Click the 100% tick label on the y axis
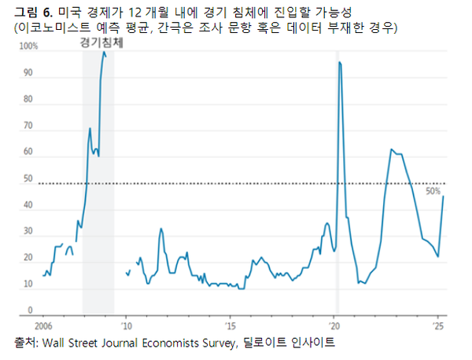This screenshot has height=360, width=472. click(x=28, y=46)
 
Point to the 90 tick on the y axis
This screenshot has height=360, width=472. click(x=28, y=73)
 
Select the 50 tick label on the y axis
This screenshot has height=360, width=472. click(x=28, y=179)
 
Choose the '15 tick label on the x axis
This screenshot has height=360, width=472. click(x=229, y=325)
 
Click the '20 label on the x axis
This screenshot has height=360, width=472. click(x=334, y=325)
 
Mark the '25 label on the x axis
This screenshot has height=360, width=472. click(x=438, y=325)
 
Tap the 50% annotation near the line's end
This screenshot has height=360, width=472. click(x=433, y=191)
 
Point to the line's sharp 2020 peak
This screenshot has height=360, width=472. click(x=339, y=62)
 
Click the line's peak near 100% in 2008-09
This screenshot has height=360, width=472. click(x=104, y=53)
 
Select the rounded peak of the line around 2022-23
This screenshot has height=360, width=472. click(x=391, y=149)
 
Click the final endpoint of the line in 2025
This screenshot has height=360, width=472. click(x=443, y=197)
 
